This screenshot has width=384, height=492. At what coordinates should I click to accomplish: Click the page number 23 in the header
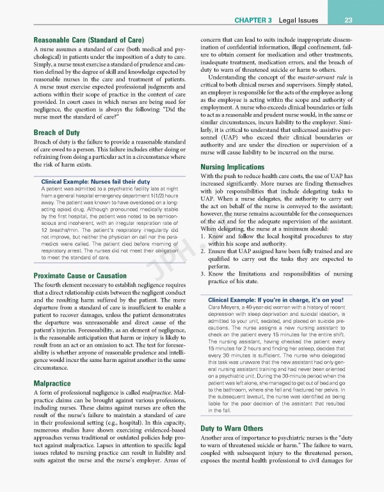367,19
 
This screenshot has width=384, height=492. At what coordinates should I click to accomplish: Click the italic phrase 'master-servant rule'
323,78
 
